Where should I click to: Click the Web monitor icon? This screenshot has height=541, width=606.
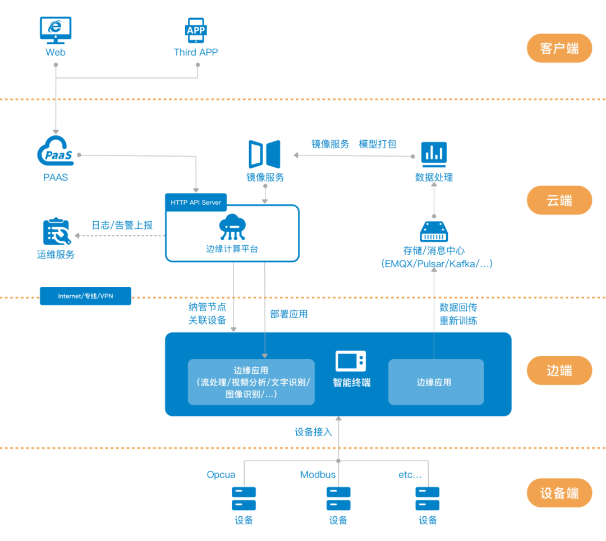click(56, 30)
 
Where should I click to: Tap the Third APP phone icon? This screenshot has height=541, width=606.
click(196, 30)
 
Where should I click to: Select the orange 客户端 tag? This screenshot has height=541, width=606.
click(559, 48)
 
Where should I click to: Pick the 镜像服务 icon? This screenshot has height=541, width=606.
click(265, 154)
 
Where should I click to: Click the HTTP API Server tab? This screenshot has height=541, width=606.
click(196, 202)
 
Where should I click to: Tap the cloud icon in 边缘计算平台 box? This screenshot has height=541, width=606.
click(232, 227)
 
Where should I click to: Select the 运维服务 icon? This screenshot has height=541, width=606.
click(56, 231)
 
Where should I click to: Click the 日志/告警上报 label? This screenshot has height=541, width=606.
click(122, 226)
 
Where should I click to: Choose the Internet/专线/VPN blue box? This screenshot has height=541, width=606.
click(85, 296)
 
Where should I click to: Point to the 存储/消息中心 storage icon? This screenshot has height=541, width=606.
click(434, 231)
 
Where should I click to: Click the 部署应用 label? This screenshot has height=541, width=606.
click(289, 314)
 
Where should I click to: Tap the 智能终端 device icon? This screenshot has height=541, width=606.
click(351, 361)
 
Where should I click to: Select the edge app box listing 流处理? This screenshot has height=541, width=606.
click(251, 382)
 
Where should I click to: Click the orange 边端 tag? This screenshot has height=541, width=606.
click(559, 370)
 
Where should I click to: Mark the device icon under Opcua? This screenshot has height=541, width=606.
click(244, 498)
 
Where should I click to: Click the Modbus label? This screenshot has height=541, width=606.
click(318, 475)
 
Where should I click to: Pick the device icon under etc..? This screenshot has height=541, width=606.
click(428, 498)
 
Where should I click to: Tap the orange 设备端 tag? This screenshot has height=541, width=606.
click(559, 493)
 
